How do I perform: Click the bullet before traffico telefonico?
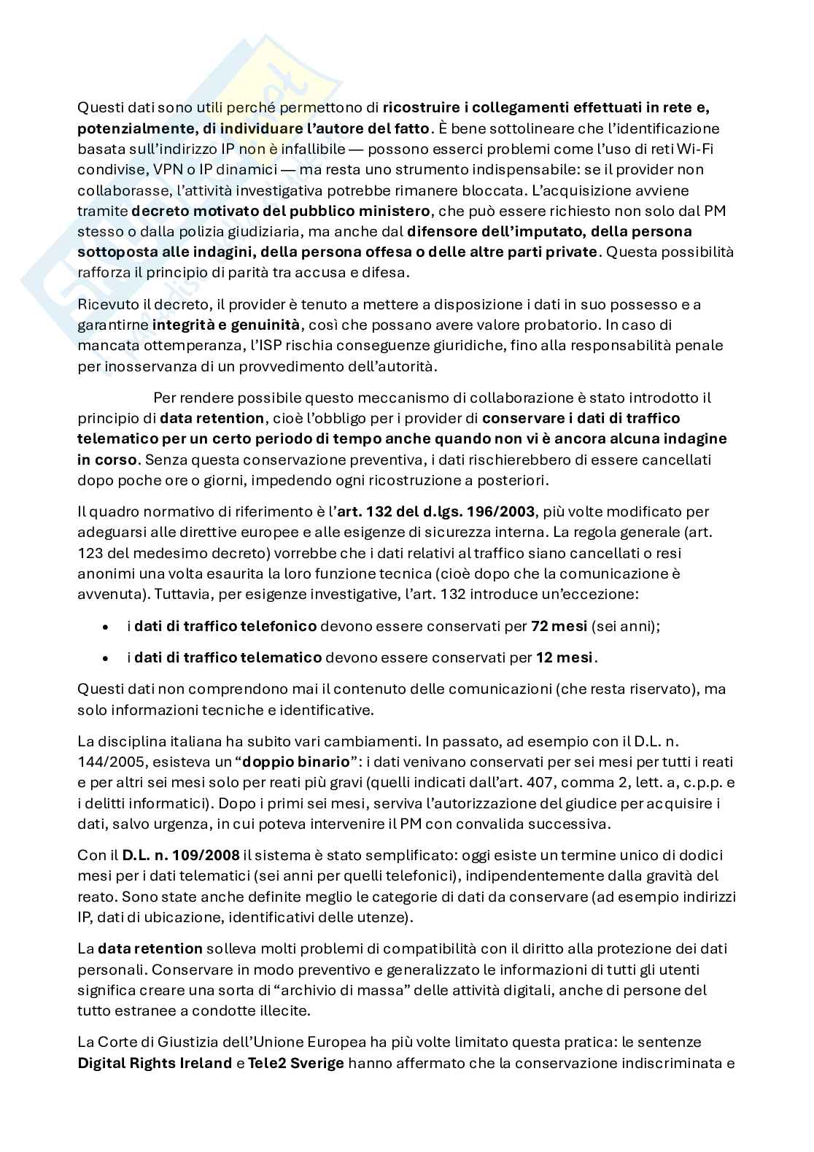pyautogui.click(x=106, y=627)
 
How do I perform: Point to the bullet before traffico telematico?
pyautogui.click(x=106, y=658)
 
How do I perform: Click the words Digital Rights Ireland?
pyautogui.click(x=155, y=1063)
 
